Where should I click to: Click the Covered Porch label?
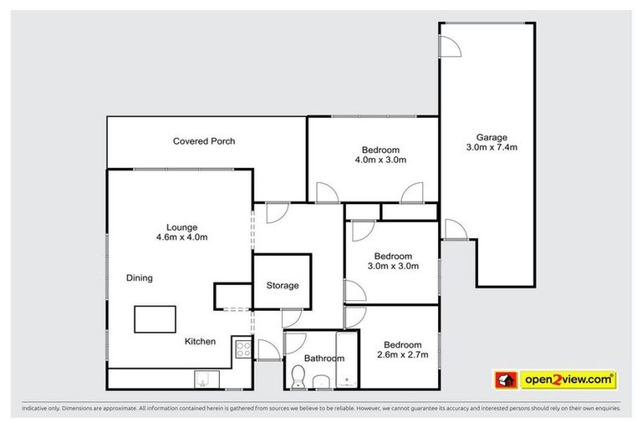click(204, 141)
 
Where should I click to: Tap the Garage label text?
click(492, 138)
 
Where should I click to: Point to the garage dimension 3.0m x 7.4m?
click(492, 148)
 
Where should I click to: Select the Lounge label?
click(181, 227)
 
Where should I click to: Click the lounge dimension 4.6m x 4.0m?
click(181, 237)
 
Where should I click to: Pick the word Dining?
click(140, 278)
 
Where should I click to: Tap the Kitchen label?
click(201, 341)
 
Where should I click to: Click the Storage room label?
click(283, 286)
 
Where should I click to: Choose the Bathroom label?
click(324, 359)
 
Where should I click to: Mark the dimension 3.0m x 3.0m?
click(393, 267)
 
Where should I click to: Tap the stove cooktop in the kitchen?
click(242, 349)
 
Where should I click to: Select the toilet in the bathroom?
click(298, 377)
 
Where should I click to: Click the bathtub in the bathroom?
click(347, 360)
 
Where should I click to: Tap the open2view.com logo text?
click(568, 380)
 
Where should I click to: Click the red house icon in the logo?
click(505, 380)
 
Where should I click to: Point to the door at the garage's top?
click(451, 46)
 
